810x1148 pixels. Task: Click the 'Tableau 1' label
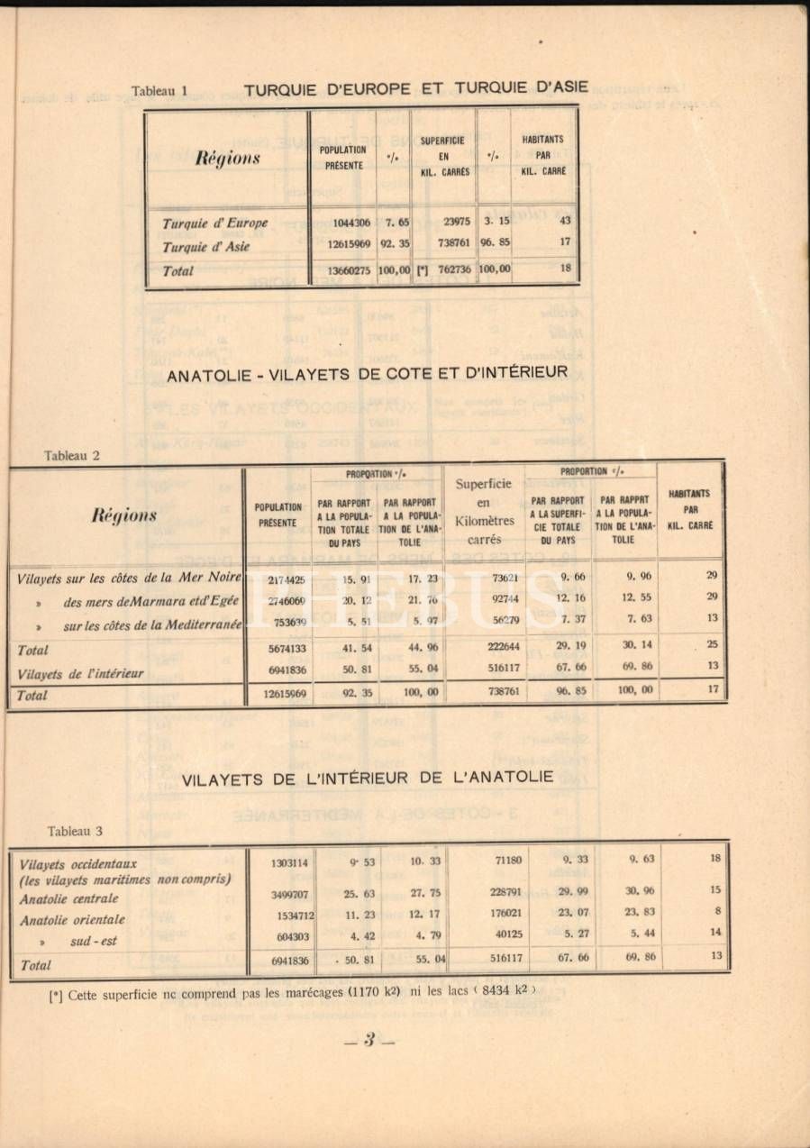point(159,91)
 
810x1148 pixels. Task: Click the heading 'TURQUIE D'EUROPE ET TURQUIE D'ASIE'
point(415,88)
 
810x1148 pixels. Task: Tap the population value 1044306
point(343,223)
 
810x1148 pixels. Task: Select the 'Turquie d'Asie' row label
point(205,247)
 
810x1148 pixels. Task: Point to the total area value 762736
point(449,269)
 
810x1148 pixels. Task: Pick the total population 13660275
point(343,269)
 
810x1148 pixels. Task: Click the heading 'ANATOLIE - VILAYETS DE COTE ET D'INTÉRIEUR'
point(367,373)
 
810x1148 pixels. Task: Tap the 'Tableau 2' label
point(72,455)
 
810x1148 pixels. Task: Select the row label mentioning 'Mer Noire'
point(129,578)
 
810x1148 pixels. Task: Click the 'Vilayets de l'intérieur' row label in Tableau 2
point(80,673)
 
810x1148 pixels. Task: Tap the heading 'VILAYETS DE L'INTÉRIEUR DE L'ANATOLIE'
point(368,779)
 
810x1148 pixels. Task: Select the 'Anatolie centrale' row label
point(69,898)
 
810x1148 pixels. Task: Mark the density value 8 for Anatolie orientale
point(717,911)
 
